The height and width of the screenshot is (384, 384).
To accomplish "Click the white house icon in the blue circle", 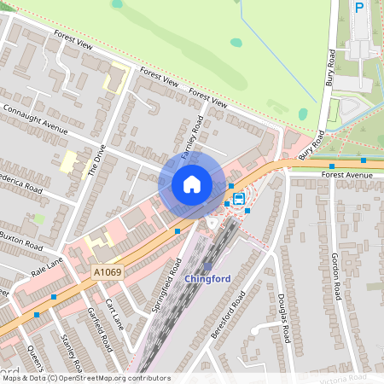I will tap(192, 183).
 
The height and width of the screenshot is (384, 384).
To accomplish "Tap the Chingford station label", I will tap(207, 278).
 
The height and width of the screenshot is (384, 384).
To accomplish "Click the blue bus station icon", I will tap(238, 200).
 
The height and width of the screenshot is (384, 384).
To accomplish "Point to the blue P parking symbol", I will tap(359, 7).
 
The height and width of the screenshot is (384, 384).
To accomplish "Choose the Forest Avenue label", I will tap(347, 175).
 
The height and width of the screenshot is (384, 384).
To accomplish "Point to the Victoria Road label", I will tap(346, 376).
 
